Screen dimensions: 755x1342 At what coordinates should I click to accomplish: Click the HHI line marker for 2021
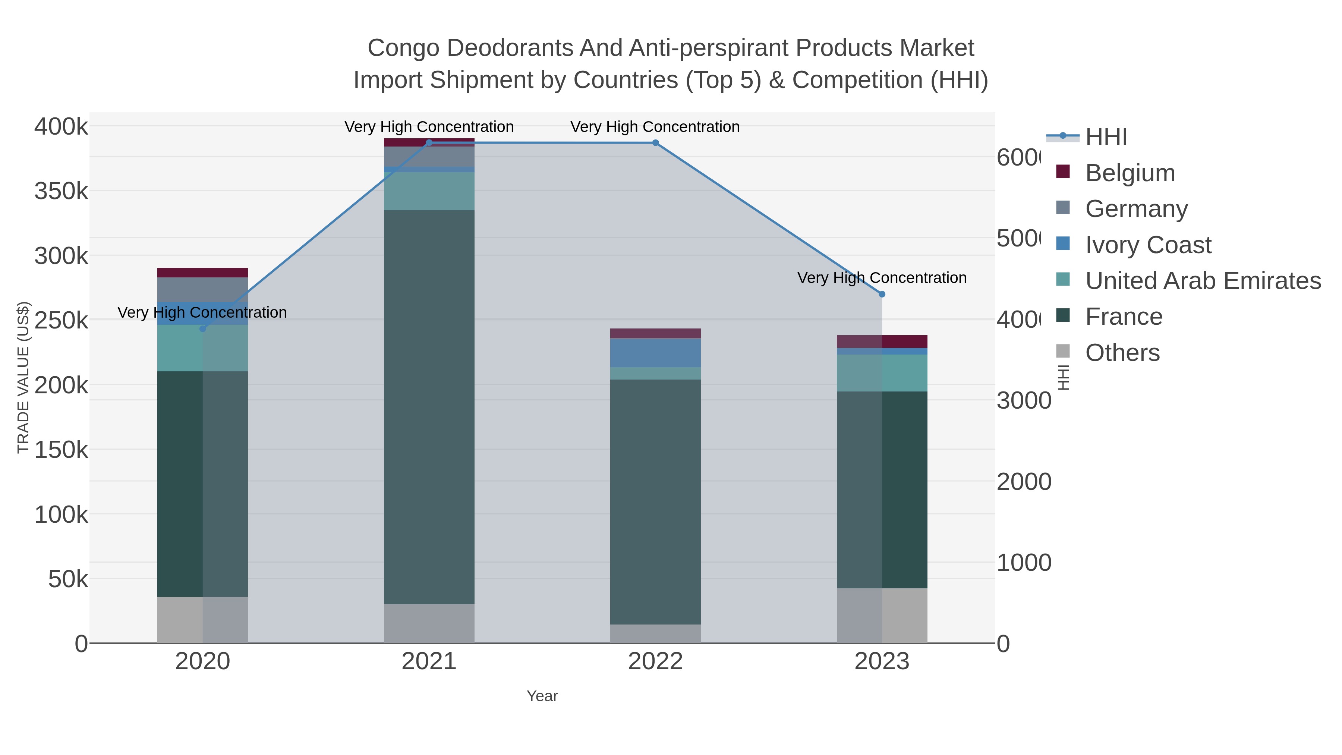coord(429,143)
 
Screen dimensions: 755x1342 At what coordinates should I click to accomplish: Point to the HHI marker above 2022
coord(655,143)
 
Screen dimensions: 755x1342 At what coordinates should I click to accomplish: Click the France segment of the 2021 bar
coord(429,406)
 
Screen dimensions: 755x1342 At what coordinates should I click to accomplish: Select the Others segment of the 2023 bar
coord(882,615)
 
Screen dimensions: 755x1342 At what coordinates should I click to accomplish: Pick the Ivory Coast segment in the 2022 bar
coord(655,353)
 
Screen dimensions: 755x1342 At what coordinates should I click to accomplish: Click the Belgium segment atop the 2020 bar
coord(203,273)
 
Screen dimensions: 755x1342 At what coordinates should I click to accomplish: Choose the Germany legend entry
coord(1136,209)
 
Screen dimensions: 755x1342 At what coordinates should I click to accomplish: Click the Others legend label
coord(1122,353)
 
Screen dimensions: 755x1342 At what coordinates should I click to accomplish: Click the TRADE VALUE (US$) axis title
coord(23,377)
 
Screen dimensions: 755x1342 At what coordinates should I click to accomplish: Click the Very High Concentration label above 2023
coord(882,278)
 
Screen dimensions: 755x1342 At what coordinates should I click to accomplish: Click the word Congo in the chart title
coord(403,48)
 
